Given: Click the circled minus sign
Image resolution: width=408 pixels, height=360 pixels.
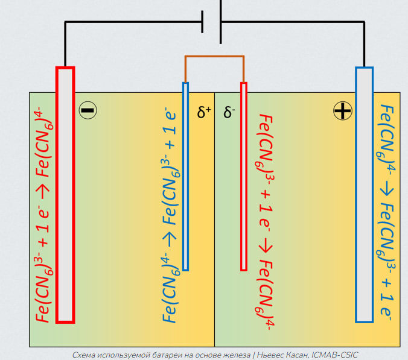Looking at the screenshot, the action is [x=88, y=110].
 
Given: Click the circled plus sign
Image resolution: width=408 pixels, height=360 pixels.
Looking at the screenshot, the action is [x=342, y=110].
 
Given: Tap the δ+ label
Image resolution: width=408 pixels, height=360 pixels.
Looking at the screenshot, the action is [x=204, y=112].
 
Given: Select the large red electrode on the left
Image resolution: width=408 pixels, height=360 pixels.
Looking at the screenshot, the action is [x=65, y=193].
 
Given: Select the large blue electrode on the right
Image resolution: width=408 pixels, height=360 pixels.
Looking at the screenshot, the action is [x=365, y=193].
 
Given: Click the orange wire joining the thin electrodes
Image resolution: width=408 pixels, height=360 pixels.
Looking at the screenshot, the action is [x=214, y=57].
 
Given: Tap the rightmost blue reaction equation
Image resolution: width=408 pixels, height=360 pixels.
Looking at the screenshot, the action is [x=386, y=211].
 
